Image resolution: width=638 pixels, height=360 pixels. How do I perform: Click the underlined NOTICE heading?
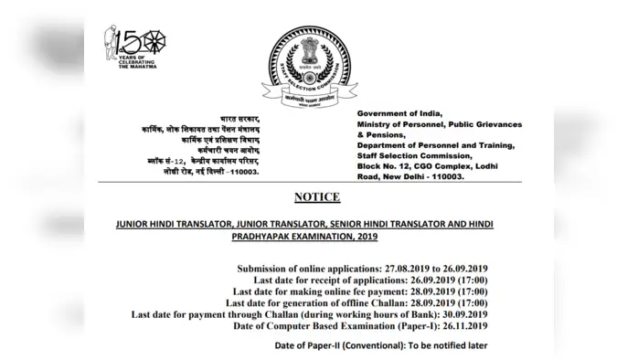[x=318, y=197]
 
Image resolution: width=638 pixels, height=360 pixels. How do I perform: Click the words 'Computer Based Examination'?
[x=332, y=325]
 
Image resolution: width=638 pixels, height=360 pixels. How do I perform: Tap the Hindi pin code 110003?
[x=267, y=174]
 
